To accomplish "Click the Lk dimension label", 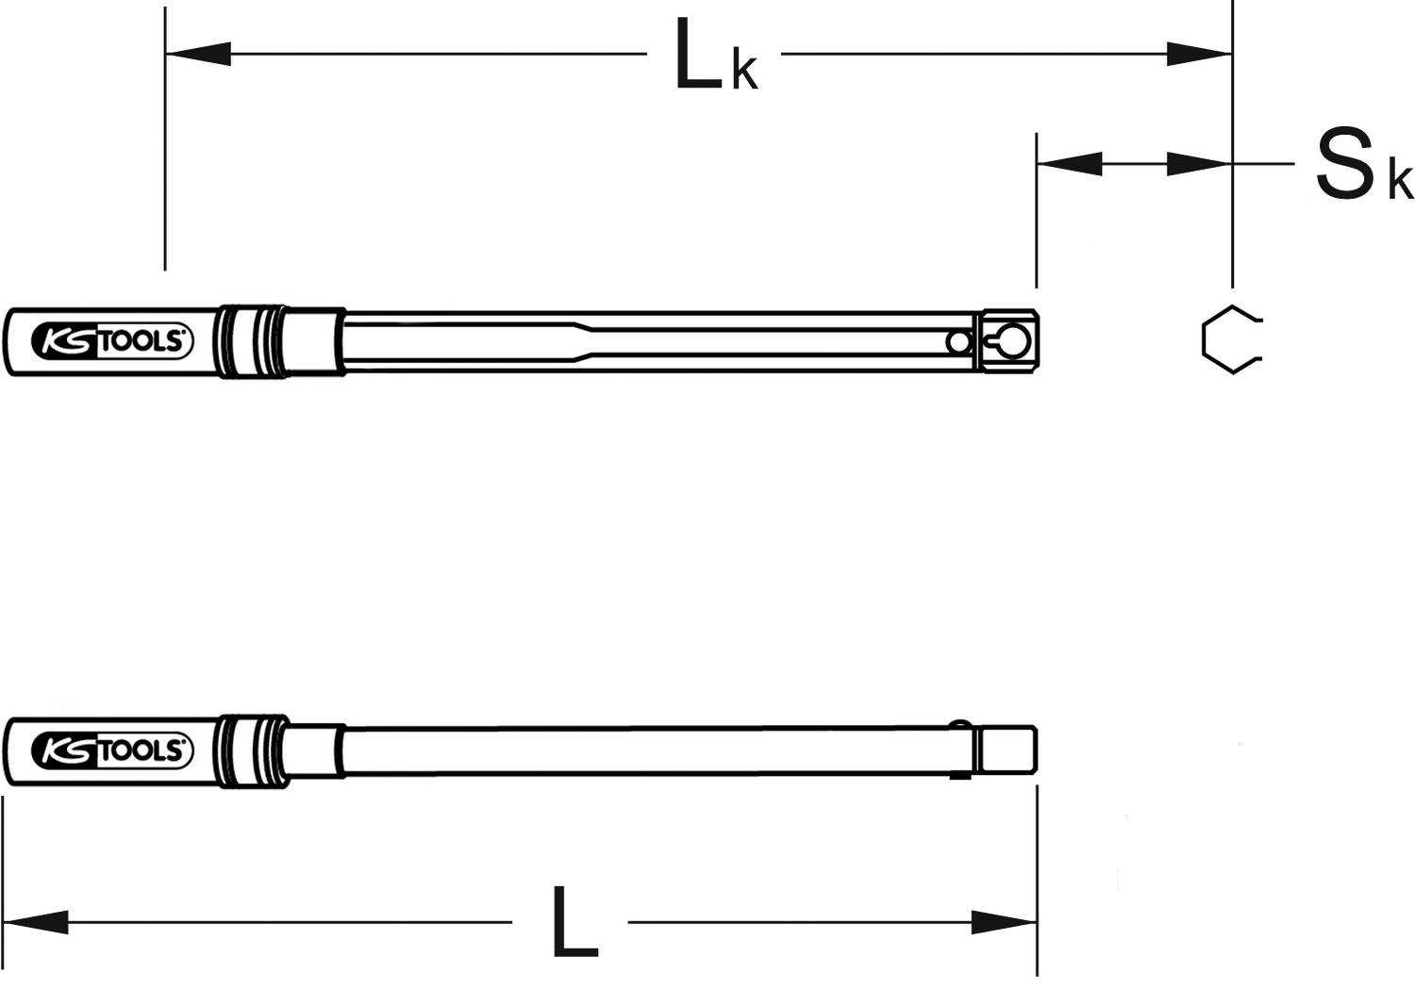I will click(x=715, y=58).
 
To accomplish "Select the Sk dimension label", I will click(x=1362, y=167).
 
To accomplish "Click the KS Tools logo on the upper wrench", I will click(x=112, y=341).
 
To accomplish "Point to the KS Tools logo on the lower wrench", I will click(x=112, y=750).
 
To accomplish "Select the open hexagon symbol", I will click(x=1230, y=340).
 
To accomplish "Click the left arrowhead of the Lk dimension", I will click(x=198, y=54).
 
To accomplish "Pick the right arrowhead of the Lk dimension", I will click(x=1199, y=54).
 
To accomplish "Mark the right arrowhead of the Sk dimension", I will click(x=1199, y=163).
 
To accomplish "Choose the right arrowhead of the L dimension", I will click(x=1005, y=921).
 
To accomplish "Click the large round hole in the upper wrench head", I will click(x=1013, y=341).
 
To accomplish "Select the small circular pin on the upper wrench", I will click(x=959, y=342).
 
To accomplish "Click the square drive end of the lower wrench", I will click(x=1007, y=750).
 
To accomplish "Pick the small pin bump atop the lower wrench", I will click(x=959, y=725).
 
